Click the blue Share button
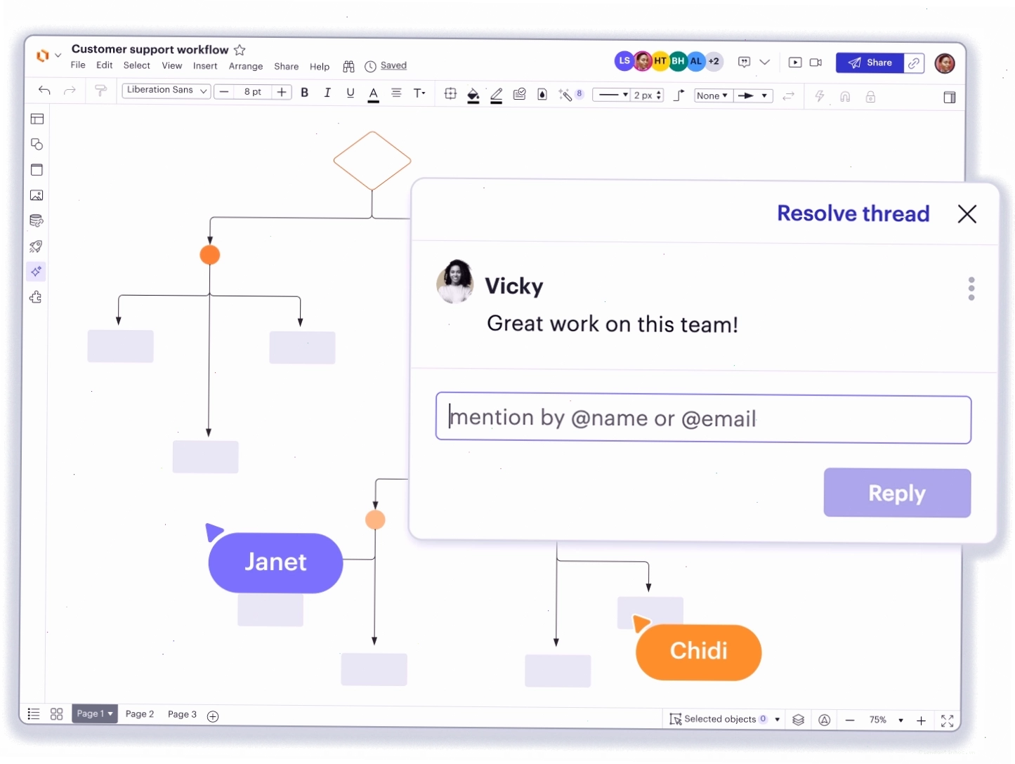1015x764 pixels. [x=869, y=63]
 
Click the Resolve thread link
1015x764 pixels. [x=853, y=213]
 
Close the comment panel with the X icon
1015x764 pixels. [x=967, y=214]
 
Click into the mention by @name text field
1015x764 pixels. [x=702, y=419]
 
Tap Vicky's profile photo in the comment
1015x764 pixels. [x=455, y=282]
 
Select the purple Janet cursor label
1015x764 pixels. [x=275, y=562]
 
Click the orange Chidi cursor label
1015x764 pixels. [x=698, y=651]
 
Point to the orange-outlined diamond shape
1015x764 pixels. [x=372, y=161]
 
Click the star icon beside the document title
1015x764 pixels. [x=240, y=49]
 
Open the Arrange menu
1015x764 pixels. [x=246, y=66]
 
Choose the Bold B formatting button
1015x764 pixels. [x=304, y=93]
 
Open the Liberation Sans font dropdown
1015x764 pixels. [x=166, y=91]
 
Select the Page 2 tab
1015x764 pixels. [x=140, y=713]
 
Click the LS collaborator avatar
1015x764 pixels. [x=624, y=61]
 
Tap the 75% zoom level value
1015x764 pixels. [x=877, y=720]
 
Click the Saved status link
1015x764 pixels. [x=393, y=65]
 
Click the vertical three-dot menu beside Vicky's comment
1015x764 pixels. [x=971, y=289]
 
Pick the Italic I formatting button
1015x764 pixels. [x=327, y=93]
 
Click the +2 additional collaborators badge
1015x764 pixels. [x=714, y=61]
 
